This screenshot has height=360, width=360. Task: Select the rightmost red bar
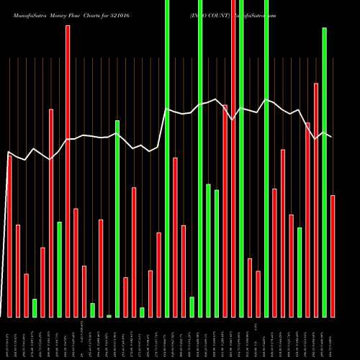click(333, 256)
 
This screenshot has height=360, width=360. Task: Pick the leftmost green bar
click(35, 307)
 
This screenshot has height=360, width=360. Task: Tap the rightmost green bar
click(324, 172)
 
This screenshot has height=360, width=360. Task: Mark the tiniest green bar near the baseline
click(109, 315)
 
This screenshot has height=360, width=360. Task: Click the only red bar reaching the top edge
click(233, 158)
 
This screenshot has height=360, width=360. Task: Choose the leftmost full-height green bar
click(167, 158)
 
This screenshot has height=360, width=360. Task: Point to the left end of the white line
click(9, 152)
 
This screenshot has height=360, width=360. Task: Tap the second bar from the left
click(18, 271)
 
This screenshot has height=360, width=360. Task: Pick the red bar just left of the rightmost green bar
click(316, 200)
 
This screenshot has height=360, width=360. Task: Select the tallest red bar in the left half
click(68, 171)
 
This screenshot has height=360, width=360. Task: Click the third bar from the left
click(26, 295)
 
